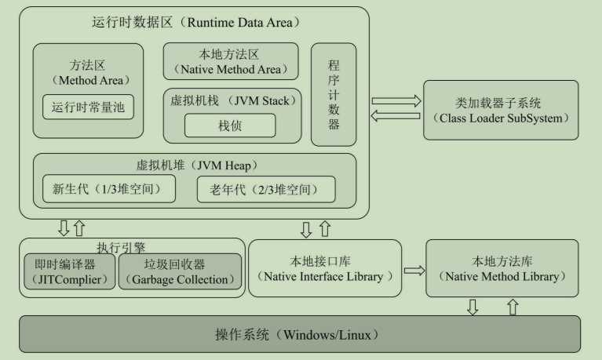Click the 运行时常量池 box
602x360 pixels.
(x=88, y=107)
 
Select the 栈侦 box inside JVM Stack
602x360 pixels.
(x=230, y=125)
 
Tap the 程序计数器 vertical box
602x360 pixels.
(x=334, y=94)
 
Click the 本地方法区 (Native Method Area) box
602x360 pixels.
(x=231, y=61)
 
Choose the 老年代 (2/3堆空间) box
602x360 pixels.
(x=266, y=188)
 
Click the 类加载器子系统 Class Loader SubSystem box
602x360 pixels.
(x=501, y=110)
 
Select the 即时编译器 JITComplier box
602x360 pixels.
(x=69, y=271)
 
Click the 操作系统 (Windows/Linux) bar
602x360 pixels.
(x=300, y=335)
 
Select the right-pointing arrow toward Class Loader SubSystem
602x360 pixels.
(x=396, y=101)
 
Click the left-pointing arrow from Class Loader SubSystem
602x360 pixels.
(x=396, y=118)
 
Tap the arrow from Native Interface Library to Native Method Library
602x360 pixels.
(x=414, y=271)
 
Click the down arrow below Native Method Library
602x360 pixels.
(x=472, y=306)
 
